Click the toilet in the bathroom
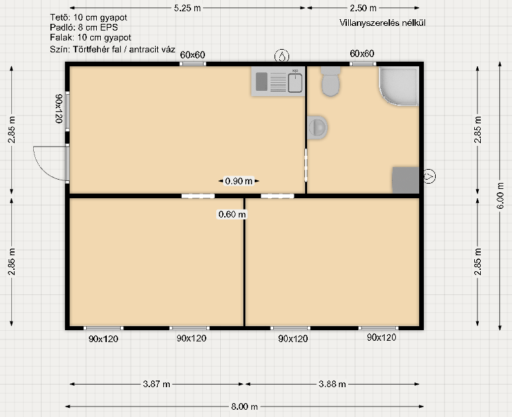click(x=330, y=82)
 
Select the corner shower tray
click(x=399, y=86)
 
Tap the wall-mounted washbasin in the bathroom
click(x=317, y=127)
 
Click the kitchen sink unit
click(x=278, y=82)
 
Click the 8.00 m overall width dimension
click(x=244, y=406)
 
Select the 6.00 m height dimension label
click(x=500, y=195)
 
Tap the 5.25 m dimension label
click(x=187, y=8)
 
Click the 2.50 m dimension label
click(x=363, y=8)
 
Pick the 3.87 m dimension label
click(x=157, y=384)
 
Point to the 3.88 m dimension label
click(x=332, y=384)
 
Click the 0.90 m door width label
click(x=239, y=181)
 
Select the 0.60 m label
click(x=232, y=214)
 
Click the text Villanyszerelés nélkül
click(x=383, y=23)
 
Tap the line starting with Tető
click(x=88, y=17)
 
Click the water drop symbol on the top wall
click(x=282, y=56)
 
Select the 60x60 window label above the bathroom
click(x=362, y=54)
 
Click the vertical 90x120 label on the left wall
click(x=59, y=109)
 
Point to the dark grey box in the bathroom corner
click(x=405, y=180)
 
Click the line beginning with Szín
click(x=113, y=50)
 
